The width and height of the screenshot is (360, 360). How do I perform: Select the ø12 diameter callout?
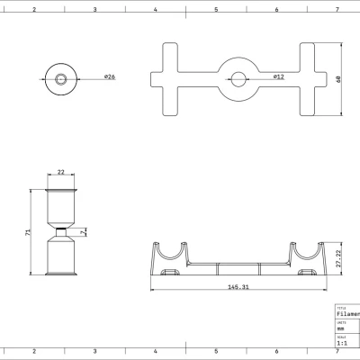pos(280,76)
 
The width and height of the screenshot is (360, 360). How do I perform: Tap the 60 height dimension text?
pos(338,78)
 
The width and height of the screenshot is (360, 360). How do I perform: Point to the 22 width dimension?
pos(61,172)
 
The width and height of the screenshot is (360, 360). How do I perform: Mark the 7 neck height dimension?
pos(82,233)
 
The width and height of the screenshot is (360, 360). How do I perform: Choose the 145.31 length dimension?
pos(238,288)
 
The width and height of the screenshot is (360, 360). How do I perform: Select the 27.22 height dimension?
pos(338,258)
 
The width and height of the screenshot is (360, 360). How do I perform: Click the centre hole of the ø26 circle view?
pos(61,78)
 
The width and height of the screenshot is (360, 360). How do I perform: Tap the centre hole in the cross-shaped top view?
pos(238,78)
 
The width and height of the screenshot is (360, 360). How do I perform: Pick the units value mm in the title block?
pos(340,329)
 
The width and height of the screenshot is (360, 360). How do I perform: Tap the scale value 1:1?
pos(341,343)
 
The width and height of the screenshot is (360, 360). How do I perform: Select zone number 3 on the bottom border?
pos(95,352)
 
